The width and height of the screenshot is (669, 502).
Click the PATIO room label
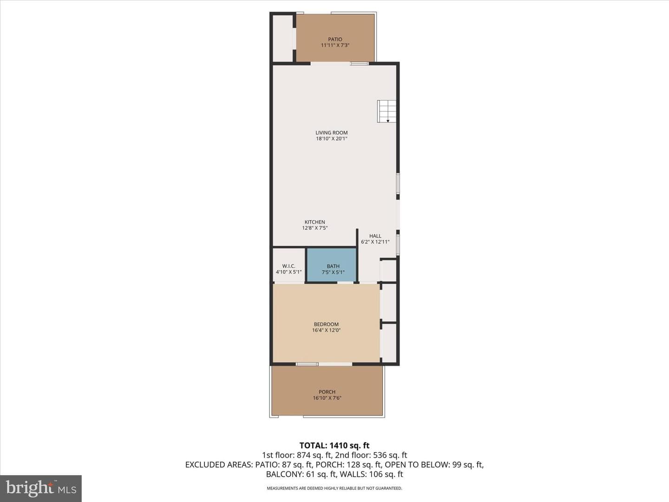[335, 40]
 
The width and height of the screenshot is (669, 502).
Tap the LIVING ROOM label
[331, 132]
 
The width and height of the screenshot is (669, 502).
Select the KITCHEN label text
[315, 222]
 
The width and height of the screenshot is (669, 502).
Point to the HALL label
[375, 236]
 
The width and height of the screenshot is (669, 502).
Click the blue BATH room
[332, 265]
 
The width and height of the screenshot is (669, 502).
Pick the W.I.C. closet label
[289, 266]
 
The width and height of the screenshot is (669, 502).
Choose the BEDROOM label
[326, 324]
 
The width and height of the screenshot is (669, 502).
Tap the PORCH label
[327, 392]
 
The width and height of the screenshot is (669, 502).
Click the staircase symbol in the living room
[387, 111]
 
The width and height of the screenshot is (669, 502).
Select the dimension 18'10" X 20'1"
[332, 139]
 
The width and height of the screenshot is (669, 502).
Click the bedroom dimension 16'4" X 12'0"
[326, 330]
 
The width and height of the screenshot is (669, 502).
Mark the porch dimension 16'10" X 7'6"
[327, 398]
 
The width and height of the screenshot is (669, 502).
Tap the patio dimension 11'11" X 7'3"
[335, 45]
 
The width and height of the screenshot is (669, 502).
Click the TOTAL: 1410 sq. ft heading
[334, 446]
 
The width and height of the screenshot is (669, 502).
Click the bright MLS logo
[41, 489]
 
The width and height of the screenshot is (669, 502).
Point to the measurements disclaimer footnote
[334, 488]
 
